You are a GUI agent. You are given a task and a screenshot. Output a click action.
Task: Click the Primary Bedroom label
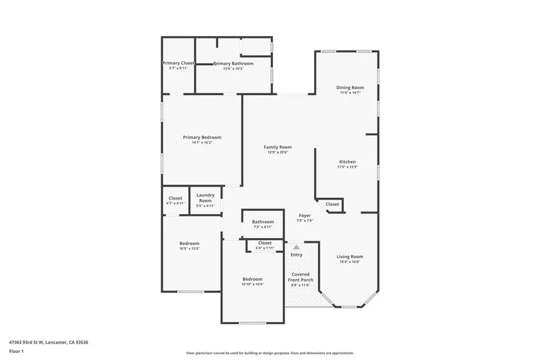202,138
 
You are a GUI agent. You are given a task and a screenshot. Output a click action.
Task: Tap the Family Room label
277,147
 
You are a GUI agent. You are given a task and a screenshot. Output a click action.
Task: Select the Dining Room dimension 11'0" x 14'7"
350,93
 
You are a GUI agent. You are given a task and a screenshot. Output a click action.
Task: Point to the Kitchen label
348,162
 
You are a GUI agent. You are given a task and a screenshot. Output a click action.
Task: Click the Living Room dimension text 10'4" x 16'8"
350,261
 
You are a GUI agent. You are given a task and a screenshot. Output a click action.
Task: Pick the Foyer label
305,216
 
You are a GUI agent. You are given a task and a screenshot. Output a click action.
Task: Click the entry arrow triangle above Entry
296,247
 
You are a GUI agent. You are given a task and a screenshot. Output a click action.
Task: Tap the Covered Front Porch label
301,277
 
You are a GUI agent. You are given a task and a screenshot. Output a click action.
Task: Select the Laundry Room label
206,198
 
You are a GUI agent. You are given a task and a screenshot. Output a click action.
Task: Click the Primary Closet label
178,63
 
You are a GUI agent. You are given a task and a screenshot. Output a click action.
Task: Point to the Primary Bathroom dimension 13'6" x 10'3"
234,69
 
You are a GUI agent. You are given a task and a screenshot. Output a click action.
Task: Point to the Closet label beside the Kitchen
332,204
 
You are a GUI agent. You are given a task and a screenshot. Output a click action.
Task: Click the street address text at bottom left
49,343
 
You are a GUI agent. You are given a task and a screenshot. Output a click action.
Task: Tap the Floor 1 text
16,352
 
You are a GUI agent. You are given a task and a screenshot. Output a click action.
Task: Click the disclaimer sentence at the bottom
270,353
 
